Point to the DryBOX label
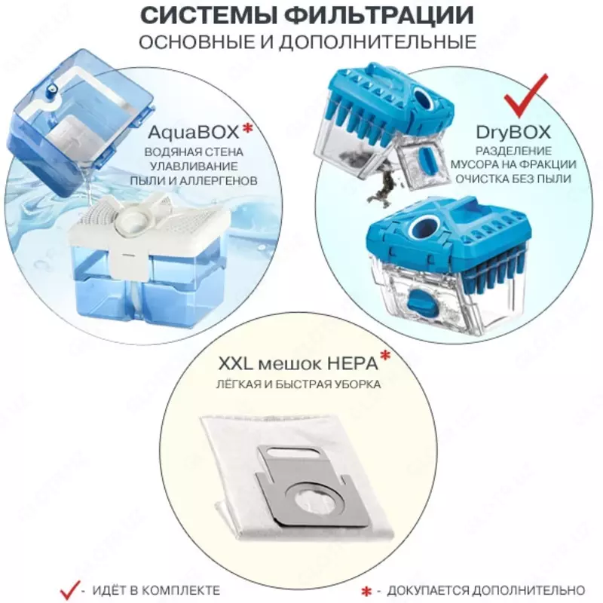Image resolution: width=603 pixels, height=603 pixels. click(x=513, y=132)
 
